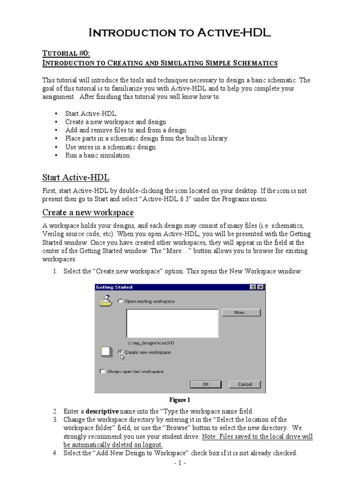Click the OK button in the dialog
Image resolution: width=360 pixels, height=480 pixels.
click(x=205, y=384)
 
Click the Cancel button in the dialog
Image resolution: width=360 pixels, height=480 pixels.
click(x=244, y=384)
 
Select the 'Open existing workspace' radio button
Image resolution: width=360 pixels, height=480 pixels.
click(x=120, y=301)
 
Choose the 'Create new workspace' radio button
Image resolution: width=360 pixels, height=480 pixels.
click(x=120, y=352)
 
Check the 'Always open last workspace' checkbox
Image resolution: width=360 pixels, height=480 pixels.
click(x=102, y=371)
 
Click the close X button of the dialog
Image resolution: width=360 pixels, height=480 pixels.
click(x=261, y=287)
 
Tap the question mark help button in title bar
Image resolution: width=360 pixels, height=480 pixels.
click(x=254, y=287)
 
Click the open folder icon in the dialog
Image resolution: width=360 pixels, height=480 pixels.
click(x=106, y=300)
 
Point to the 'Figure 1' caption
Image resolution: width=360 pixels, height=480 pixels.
click(x=180, y=400)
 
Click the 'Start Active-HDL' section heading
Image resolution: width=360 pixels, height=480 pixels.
click(x=76, y=177)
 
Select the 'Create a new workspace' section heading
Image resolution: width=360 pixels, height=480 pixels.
click(x=88, y=213)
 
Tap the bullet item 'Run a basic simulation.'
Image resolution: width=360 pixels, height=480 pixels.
click(x=98, y=155)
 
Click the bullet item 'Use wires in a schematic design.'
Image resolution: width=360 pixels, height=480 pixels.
click(x=111, y=147)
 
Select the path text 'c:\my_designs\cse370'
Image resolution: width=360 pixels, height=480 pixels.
click(x=148, y=343)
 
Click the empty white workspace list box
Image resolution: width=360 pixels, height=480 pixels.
click(x=172, y=322)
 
